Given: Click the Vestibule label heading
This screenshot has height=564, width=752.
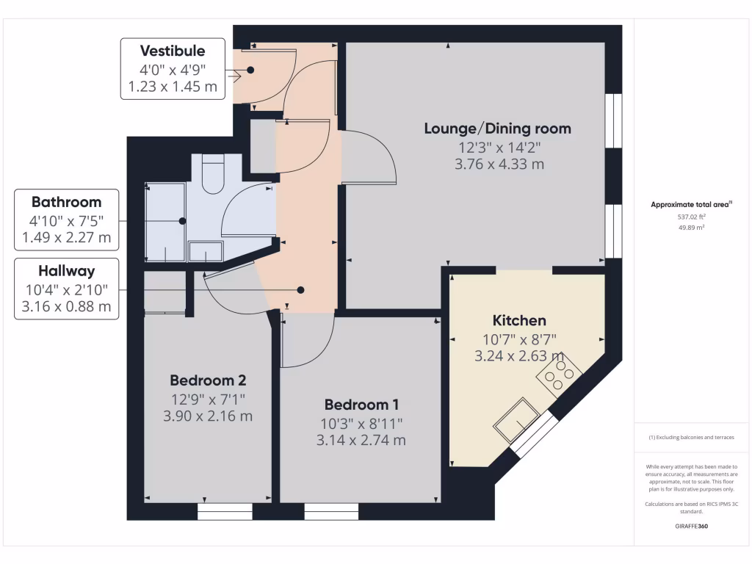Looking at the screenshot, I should tap(173, 51).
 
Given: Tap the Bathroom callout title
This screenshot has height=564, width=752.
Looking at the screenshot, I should tap(66, 202).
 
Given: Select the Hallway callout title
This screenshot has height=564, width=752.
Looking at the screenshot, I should tap(66, 271).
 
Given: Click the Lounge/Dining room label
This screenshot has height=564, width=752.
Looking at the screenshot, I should tap(497, 129).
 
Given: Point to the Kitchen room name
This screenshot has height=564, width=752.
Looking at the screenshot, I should tap(518, 320).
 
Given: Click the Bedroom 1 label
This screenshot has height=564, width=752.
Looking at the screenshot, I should tap(361, 405).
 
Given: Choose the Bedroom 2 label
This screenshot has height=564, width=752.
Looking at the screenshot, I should tap(208, 380).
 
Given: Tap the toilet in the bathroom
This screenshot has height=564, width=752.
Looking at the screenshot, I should tap(212, 175).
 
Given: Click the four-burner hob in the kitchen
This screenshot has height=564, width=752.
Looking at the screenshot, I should tap(559, 376).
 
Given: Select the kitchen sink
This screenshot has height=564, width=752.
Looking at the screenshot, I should tap(518, 419).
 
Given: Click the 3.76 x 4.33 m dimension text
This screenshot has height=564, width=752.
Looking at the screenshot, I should tap(499, 164).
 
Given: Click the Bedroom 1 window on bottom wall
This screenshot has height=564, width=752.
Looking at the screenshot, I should tap(331, 511).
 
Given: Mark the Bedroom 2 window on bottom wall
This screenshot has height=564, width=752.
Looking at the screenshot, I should tap(225, 511).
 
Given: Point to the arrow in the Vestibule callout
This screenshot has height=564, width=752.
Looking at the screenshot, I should tap(236, 75).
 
